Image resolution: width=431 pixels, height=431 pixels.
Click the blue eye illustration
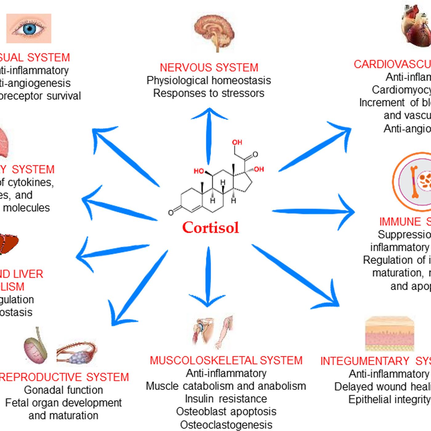[x=29, y=28]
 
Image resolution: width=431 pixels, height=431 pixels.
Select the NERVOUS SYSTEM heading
[x=209, y=67]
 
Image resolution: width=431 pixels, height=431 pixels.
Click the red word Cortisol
[x=211, y=228]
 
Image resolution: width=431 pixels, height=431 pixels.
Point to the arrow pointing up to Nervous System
[x=209, y=135]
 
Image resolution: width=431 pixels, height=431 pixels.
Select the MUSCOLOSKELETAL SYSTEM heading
[x=226, y=361]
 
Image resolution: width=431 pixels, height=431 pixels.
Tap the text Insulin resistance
[x=226, y=399]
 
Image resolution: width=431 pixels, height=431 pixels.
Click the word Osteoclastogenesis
[x=226, y=425]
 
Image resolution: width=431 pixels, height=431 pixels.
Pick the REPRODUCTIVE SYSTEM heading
[x=63, y=377]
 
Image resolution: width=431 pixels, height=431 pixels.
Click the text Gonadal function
[x=63, y=390]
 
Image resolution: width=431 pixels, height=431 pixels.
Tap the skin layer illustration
[x=390, y=334]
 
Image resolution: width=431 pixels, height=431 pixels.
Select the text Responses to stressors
[x=209, y=93]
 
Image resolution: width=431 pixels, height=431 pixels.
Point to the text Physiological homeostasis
[x=209, y=80]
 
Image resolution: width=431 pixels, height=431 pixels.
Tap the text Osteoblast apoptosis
[x=226, y=412]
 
